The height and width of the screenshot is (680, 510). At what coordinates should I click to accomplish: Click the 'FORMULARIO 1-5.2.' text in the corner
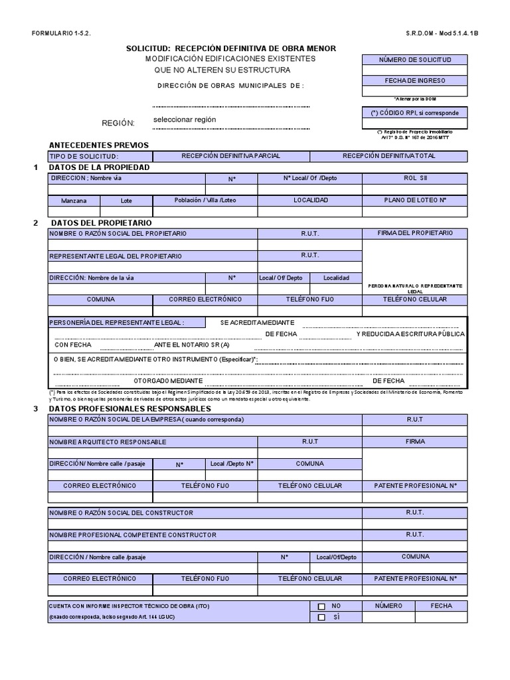58,33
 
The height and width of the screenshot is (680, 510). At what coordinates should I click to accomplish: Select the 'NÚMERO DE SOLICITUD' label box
414,60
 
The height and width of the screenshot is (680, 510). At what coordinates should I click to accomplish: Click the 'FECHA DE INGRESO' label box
414,80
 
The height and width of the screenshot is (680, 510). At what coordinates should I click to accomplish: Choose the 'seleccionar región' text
184,120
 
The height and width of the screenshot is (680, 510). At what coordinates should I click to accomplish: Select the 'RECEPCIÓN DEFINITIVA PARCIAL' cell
231,156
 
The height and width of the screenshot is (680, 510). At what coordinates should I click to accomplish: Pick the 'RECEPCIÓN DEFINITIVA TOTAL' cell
388,156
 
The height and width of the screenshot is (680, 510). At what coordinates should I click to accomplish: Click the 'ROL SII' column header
415,178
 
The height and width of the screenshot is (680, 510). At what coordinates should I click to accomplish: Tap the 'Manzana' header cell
74,200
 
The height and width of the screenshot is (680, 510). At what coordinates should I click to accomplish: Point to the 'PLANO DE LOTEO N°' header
415,199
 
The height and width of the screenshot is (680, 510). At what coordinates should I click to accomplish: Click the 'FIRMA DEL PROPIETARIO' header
415,233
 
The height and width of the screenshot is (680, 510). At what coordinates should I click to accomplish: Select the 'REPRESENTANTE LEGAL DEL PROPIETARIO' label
115,256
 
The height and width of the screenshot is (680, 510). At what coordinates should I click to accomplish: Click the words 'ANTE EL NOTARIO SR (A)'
192,345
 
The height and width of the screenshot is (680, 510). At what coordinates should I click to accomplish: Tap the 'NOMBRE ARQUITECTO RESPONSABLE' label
108,442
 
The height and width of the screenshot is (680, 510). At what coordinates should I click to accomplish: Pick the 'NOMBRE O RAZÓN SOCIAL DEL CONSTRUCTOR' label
121,513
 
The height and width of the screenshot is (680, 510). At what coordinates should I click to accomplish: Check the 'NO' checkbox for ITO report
321,606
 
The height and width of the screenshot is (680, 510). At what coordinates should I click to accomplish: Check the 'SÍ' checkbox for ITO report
321,618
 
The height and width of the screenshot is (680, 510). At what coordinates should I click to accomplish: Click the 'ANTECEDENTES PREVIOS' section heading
99,145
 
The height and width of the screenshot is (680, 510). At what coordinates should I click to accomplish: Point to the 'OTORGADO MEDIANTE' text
168,381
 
